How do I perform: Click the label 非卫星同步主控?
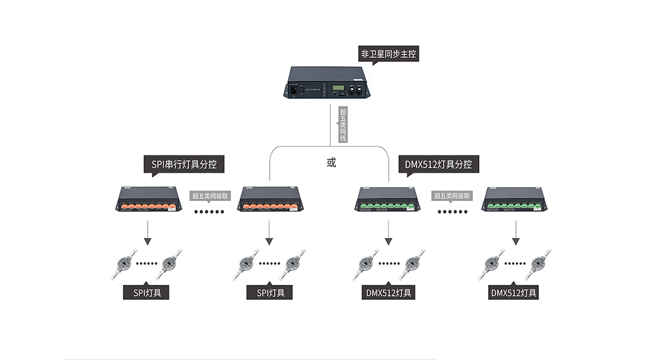389,53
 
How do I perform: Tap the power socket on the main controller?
294,90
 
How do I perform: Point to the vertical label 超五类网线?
343,124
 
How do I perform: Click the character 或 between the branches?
331,163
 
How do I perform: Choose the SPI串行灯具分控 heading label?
184,163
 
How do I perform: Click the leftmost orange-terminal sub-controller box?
148,199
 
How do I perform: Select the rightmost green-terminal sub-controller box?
515,199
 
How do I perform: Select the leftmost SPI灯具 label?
146,293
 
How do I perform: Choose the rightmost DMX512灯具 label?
514,293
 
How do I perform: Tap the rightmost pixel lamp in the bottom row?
538,264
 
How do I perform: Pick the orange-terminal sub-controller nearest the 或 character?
269,199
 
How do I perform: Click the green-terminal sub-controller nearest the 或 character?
387,199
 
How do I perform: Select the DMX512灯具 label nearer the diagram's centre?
389,293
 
